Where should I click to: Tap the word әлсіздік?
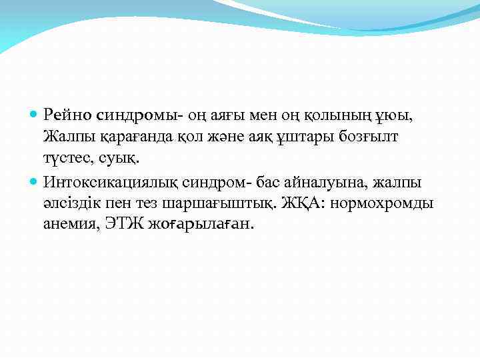click(x=73, y=203)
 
